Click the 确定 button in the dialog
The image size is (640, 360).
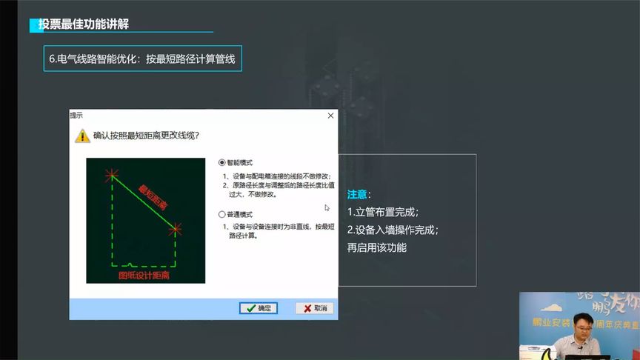tap(259, 308)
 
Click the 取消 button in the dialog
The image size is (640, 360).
tap(314, 308)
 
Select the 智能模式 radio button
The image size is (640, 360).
tap(221, 162)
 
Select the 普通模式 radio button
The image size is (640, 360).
tap(221, 214)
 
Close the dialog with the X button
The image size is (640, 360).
tap(330, 116)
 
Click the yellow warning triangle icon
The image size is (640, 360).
tap(81, 136)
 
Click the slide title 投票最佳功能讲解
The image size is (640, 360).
tap(84, 24)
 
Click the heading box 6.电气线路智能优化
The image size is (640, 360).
tap(142, 59)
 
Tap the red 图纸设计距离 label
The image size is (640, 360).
tap(144, 275)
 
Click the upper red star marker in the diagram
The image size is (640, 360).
tap(112, 175)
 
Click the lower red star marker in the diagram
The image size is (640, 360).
tap(175, 230)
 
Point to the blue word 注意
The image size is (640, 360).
tap(357, 194)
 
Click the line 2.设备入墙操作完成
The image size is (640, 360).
tap(393, 230)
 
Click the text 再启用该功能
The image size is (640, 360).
tap(377, 247)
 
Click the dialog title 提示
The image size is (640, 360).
tap(76, 116)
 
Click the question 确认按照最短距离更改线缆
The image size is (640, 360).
tap(147, 136)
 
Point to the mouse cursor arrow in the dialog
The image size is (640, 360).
tap(327, 208)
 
